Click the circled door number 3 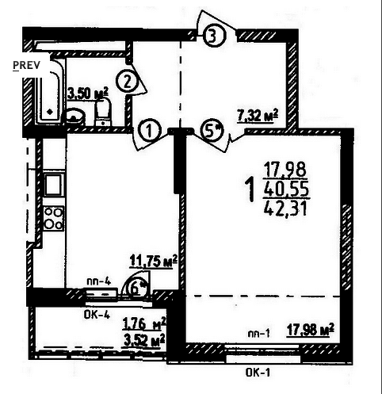pos(214,36)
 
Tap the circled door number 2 pos(128,82)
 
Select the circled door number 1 pos(149,130)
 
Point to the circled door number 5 pos(212,130)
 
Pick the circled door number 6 pos(136,289)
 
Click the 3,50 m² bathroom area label pos(88,94)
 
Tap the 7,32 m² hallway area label pos(258,116)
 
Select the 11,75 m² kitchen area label pos(153,262)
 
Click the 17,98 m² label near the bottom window pos(311,330)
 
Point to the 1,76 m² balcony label pos(144,323)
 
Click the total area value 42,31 pos(285,208)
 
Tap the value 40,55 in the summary pos(286,189)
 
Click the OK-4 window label pos(97,315)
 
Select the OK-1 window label pos(258,373)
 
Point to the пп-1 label pos(258,334)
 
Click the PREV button pos(26,65)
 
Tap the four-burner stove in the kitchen pos(54,218)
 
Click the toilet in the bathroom pos(103,113)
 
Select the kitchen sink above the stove pos(55,184)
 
